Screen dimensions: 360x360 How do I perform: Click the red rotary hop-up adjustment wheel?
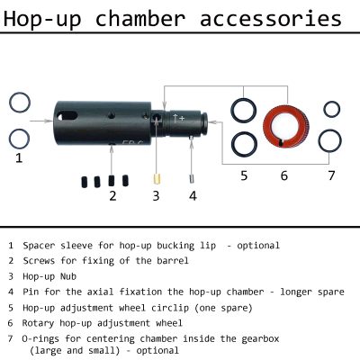285,127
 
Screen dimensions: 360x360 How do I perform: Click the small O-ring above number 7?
331,109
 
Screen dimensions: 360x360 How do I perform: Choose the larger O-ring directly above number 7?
331,140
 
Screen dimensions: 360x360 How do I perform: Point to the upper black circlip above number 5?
242,111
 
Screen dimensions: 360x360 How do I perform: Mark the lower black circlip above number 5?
242,143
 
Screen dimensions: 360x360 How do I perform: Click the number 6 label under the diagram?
284,175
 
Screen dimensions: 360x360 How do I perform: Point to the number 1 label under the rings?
18,158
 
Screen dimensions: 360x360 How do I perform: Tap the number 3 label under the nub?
155,194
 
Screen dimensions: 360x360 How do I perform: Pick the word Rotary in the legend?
40,322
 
